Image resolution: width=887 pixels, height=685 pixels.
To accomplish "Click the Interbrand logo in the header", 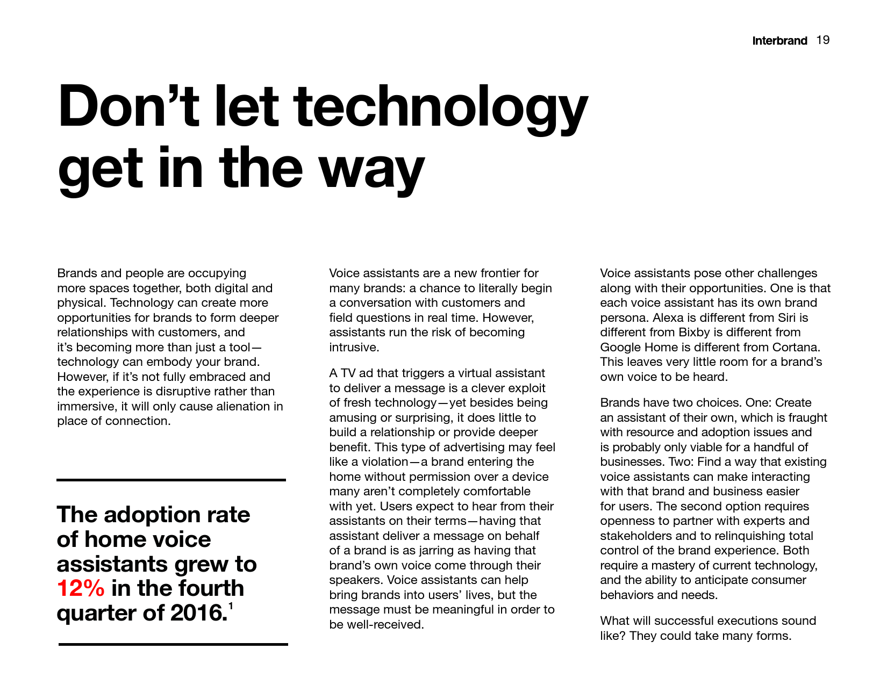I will pyautogui.click(x=779, y=41).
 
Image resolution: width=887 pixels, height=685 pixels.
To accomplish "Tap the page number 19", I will pyautogui.click(x=823, y=40).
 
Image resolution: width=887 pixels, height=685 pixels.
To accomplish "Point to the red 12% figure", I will pyautogui.click(x=81, y=588).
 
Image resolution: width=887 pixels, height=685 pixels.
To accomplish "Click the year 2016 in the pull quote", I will pyautogui.click(x=197, y=613).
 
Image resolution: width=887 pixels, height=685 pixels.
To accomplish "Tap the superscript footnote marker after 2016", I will pyautogui.click(x=231, y=607).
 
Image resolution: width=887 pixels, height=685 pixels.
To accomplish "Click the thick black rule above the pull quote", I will pyautogui.click(x=171, y=480).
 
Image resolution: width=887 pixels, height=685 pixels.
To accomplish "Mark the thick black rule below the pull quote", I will pyautogui.click(x=173, y=644).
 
